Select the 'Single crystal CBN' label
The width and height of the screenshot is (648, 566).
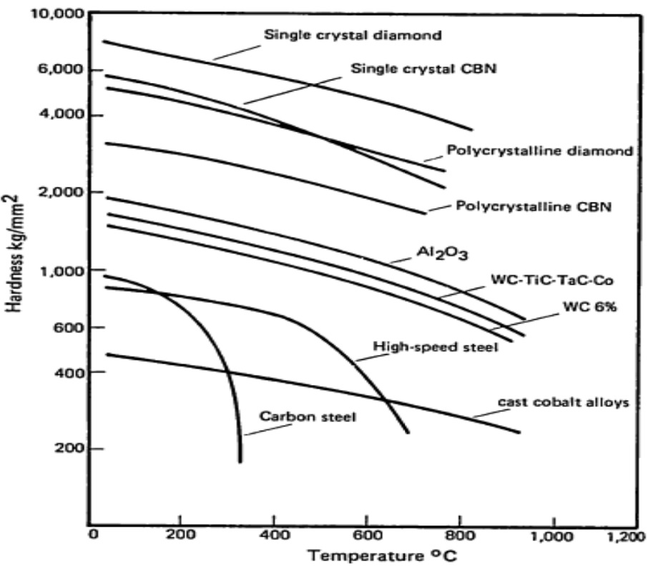tap(424, 69)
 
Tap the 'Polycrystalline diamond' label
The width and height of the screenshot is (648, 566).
tap(539, 151)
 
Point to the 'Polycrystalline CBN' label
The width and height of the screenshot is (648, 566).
tap(536, 206)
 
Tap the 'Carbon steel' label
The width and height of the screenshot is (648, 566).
tap(308, 416)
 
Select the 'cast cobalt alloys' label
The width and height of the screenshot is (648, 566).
tap(562, 401)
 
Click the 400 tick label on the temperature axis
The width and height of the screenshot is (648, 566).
tap(273, 535)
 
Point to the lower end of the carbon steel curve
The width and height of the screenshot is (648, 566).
tap(240, 461)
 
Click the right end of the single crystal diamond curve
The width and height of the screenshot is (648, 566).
tap(472, 130)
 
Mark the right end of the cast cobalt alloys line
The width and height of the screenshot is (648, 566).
tap(519, 432)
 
